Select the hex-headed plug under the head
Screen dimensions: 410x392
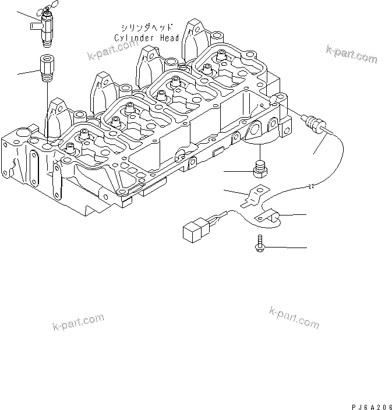pos(260,168)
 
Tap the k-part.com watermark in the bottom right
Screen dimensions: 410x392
pos(294,317)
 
